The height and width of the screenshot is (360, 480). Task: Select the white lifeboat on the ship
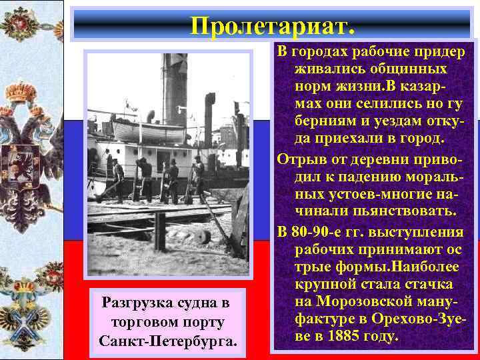(x=149, y=132)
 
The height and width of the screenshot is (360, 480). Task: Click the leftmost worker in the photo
(x=117, y=179)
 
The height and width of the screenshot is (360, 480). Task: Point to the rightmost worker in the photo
(x=198, y=177)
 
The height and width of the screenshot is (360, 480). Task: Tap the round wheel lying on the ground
(x=203, y=237)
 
